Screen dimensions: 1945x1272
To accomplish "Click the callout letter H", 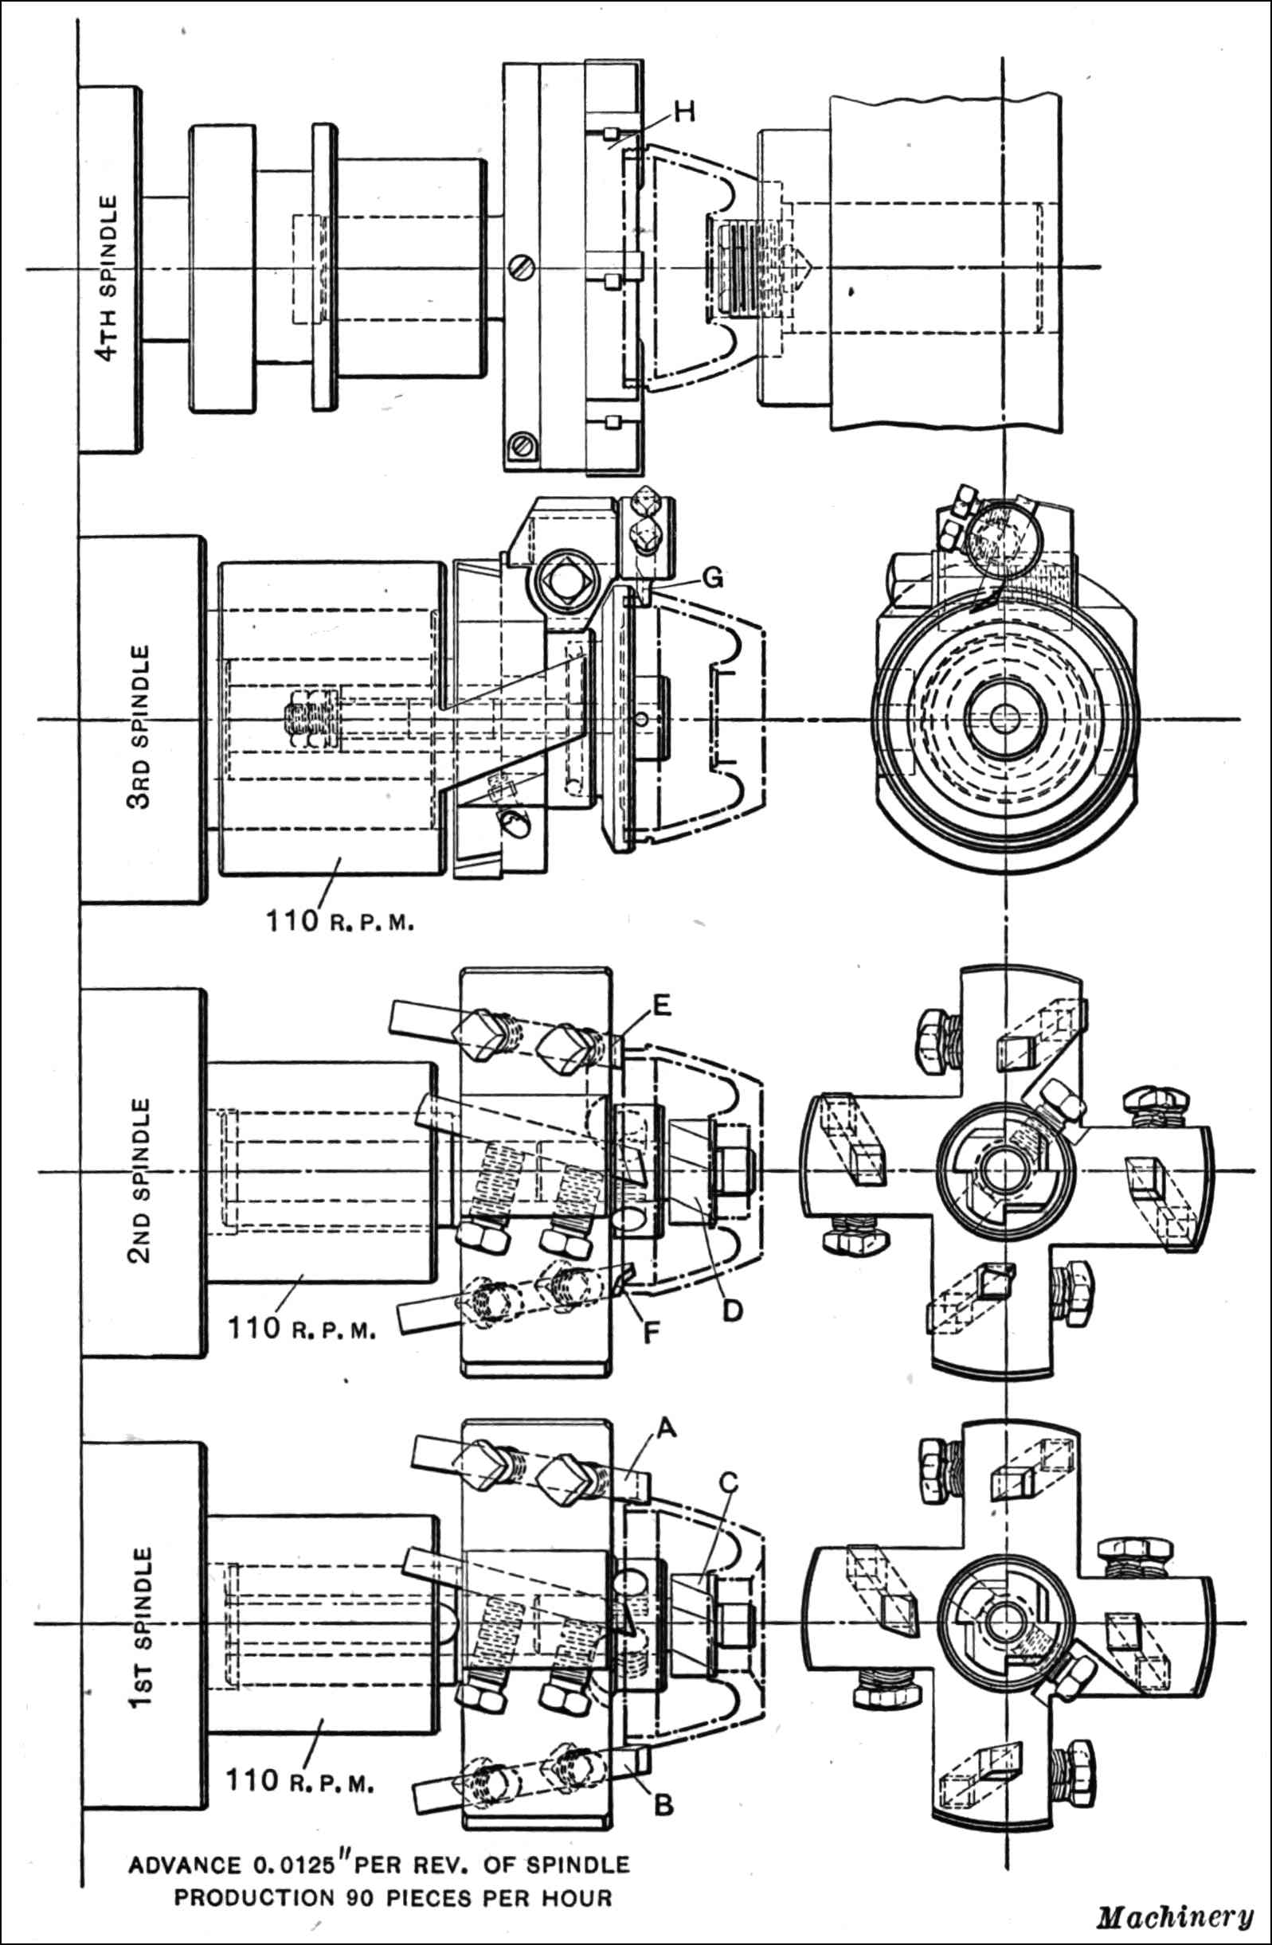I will [684, 111].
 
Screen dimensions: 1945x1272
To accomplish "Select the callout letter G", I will [713, 579].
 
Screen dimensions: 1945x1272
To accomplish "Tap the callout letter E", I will [662, 1006].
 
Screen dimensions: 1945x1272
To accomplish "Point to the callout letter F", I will [652, 1334].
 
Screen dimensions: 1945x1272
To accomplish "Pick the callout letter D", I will [733, 1310].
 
